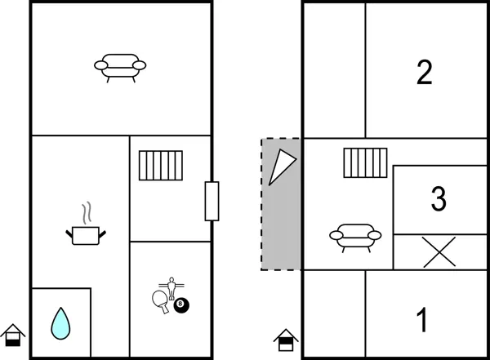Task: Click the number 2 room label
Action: click(x=424, y=73)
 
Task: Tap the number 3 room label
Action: click(x=439, y=198)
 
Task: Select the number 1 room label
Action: click(x=422, y=321)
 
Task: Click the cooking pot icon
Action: click(x=86, y=235)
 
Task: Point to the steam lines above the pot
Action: click(x=85, y=213)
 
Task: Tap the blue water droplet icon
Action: click(x=60, y=322)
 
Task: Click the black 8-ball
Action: click(x=181, y=305)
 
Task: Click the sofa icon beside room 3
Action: click(x=355, y=236)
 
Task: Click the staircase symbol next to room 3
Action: click(x=364, y=162)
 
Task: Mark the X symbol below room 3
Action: click(x=439, y=251)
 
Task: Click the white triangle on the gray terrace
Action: click(x=280, y=167)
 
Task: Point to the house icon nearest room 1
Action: click(x=286, y=339)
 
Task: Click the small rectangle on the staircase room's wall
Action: click(x=212, y=201)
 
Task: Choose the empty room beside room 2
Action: click(x=333, y=70)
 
